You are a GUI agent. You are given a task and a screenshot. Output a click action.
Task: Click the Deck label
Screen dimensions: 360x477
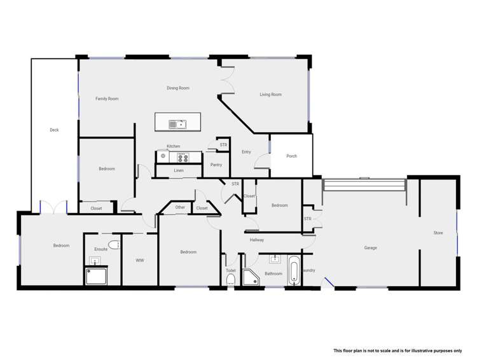coord(54,130)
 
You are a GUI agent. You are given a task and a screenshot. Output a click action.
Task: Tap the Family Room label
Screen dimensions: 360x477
coord(107,99)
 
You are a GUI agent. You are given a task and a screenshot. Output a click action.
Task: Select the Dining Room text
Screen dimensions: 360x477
coord(178,88)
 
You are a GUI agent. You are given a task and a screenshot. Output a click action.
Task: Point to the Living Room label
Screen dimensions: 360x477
coord(270,95)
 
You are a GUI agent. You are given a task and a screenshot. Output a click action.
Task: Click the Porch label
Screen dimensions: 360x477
coord(291,156)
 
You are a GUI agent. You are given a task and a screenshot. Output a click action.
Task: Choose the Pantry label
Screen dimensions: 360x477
coord(216,165)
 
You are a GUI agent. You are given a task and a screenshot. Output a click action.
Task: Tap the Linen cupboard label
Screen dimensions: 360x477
coord(179,170)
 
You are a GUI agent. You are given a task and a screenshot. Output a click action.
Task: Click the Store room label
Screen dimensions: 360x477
coord(438,233)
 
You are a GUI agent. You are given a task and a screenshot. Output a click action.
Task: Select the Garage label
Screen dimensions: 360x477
coord(370,247)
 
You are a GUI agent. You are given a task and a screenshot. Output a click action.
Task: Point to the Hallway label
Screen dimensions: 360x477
coord(256,240)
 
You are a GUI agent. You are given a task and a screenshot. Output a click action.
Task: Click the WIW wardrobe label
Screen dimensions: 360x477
coord(140,260)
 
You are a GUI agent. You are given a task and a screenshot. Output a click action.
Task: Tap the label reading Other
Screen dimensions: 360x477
coord(180,207)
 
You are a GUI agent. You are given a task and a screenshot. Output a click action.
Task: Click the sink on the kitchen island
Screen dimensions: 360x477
coord(177,124)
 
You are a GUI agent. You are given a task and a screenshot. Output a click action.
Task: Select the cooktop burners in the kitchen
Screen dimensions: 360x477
coord(183,157)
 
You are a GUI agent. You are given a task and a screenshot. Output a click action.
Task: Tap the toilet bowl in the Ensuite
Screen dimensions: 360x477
coord(113,245)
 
